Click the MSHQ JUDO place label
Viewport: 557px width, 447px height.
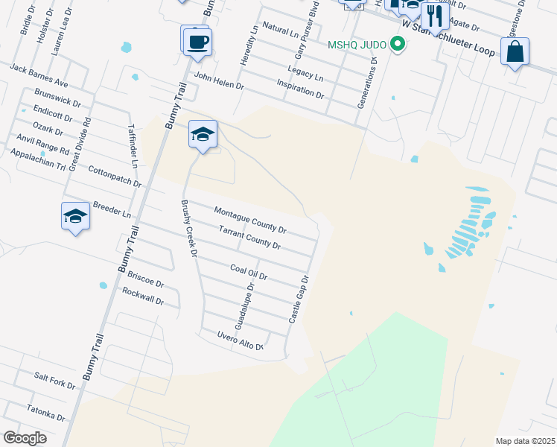357,45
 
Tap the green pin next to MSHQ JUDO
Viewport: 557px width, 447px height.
398,45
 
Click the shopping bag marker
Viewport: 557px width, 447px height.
515,52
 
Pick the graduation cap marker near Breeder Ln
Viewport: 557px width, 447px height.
75,217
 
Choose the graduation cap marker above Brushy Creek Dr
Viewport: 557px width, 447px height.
203,135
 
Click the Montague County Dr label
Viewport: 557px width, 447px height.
250,220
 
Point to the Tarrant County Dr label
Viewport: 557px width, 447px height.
249,238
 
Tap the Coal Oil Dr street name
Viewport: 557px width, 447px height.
249,272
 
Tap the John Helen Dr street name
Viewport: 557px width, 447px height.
219,80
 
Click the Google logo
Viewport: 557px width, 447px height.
25,438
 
